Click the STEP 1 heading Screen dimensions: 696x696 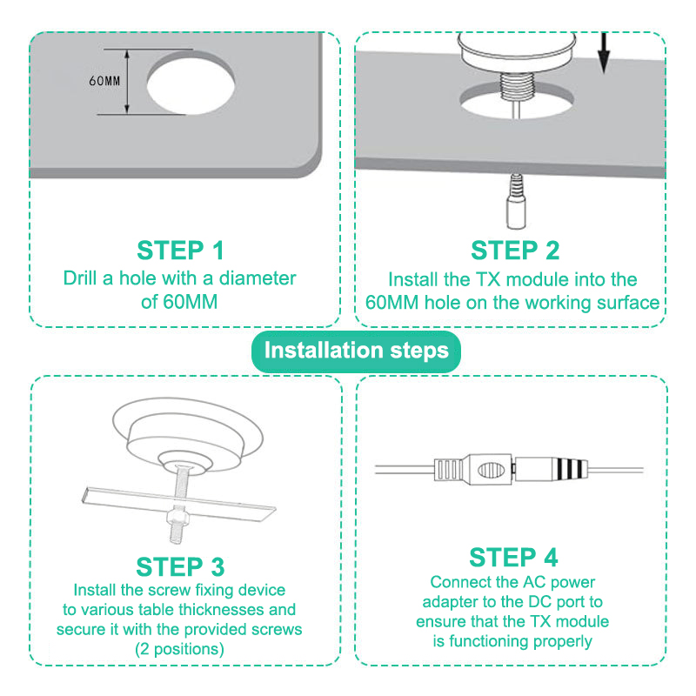(x=180, y=251)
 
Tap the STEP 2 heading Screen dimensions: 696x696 (x=515, y=251)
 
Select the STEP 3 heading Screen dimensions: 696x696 (x=180, y=567)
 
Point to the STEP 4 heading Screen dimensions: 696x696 (x=513, y=558)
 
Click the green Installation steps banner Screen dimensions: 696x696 (x=356, y=351)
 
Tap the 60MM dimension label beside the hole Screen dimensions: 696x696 (x=104, y=81)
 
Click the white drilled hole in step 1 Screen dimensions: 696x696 (x=191, y=86)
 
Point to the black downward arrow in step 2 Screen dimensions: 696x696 (x=603, y=52)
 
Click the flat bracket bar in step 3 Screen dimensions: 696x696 (x=178, y=504)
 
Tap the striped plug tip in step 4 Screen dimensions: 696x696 (x=570, y=469)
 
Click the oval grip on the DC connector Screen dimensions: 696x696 (x=492, y=470)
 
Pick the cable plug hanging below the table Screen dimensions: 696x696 (x=516, y=202)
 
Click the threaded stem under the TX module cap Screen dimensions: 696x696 (x=516, y=86)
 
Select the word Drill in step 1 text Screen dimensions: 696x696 (x=80, y=278)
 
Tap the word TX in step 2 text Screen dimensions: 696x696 (x=488, y=279)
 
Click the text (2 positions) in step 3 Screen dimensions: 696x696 (x=179, y=649)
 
